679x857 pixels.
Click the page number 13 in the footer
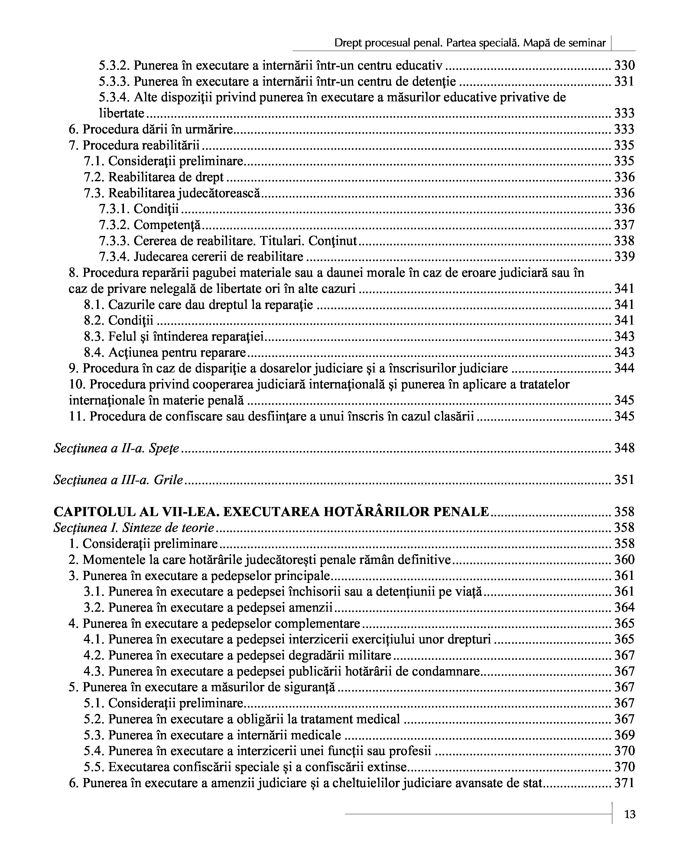tap(630, 815)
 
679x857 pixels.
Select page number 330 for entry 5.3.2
tap(624, 65)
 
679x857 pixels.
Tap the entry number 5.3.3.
tap(114, 81)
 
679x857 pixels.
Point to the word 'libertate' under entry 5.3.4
tap(122, 113)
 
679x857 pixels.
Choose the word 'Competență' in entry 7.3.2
tap(167, 225)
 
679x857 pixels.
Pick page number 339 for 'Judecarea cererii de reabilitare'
tap(624, 257)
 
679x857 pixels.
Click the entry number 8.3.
tap(94, 337)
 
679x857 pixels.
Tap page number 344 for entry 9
tap(624, 368)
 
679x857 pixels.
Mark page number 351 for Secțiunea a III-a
tap(624, 480)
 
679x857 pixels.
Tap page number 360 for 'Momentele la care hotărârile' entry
tap(624, 560)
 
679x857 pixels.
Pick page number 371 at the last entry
tap(624, 783)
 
